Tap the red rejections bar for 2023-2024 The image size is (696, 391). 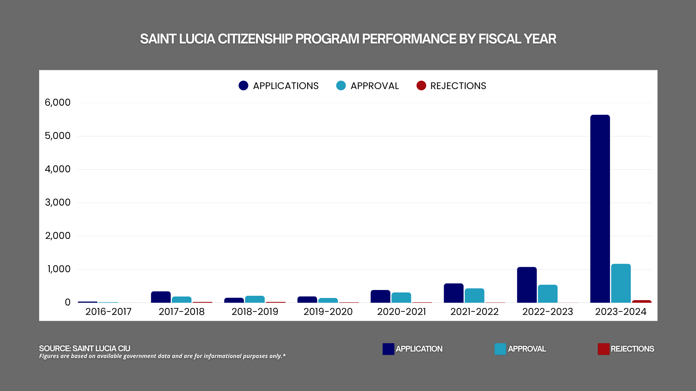(x=642, y=301)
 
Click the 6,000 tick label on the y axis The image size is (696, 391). (x=58, y=102)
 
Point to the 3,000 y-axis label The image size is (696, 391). (x=58, y=202)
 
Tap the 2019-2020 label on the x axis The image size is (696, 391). (x=328, y=312)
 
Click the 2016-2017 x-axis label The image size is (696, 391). (x=108, y=312)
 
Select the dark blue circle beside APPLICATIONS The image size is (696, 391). (x=244, y=85)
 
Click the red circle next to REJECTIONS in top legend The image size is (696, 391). (x=421, y=85)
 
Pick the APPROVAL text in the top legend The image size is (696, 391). (x=374, y=86)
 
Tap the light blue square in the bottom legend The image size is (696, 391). (x=500, y=349)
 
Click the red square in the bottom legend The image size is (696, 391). (x=604, y=349)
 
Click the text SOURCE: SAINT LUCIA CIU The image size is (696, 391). (x=84, y=348)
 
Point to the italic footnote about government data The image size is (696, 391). (x=162, y=356)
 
